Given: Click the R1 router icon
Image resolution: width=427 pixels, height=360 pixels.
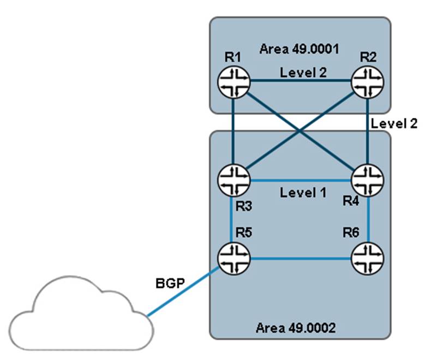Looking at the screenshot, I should pyautogui.click(x=233, y=83).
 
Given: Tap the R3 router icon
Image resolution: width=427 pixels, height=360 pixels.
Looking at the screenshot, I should pyautogui.click(x=233, y=179).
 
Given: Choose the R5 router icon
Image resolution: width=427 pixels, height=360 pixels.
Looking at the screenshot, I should pyautogui.click(x=233, y=257).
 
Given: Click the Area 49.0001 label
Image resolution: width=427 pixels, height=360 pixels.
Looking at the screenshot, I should pyautogui.click(x=299, y=49).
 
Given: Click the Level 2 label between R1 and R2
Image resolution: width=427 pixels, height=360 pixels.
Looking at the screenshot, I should pyautogui.click(x=303, y=73).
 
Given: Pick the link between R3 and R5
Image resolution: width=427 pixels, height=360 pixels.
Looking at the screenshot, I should pyautogui.click(x=233, y=218).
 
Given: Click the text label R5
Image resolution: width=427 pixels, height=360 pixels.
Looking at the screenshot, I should pyautogui.click(x=242, y=233).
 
